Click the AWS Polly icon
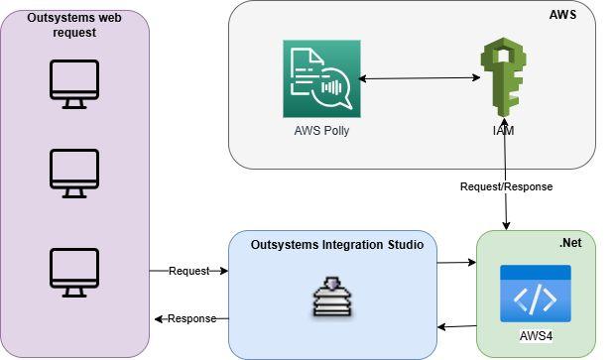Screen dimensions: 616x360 point(321,78)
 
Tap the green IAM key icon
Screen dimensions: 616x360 point(503,77)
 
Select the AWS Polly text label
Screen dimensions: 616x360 point(321,130)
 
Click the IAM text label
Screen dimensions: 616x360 point(503,130)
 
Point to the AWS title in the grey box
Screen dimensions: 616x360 point(562,15)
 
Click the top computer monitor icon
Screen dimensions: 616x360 point(74,84)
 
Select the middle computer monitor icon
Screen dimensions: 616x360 point(74,174)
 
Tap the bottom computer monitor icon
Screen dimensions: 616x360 point(74,273)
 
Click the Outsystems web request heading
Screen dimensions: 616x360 point(74,25)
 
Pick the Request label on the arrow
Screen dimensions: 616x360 point(188,271)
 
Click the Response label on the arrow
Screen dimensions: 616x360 point(192,318)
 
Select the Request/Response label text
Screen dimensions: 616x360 point(507,186)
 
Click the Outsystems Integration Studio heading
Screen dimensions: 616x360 point(337,245)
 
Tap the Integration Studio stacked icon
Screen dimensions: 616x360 point(332,297)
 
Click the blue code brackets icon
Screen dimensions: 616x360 point(536,294)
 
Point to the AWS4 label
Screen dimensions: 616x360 point(536,336)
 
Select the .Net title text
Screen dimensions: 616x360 point(570,243)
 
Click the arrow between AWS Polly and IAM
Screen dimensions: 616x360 point(420,78)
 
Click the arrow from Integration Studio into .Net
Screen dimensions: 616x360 point(456,262)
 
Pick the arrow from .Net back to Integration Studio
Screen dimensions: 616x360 point(457,326)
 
